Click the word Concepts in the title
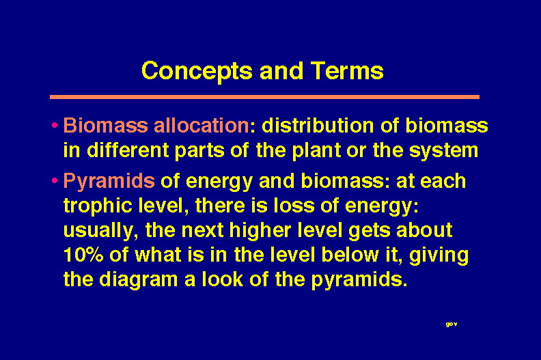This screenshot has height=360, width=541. tap(197, 72)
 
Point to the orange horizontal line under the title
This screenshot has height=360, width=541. tap(264, 97)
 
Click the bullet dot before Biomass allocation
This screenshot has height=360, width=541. tap(55, 125)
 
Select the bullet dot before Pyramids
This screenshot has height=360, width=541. tap(55, 180)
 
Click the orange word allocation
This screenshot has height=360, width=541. tap(201, 125)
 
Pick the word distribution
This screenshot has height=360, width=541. tap(318, 125)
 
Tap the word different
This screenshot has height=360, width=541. tap(128, 150)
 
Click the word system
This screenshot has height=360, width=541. tap(443, 151)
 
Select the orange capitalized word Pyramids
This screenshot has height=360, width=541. tap(109, 181)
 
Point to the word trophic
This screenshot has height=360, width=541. tap(98, 206)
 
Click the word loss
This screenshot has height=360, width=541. tap(294, 206)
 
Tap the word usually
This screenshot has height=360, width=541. tap(100, 231)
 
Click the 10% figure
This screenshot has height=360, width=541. tap(83, 255)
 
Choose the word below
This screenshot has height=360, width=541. tap(349, 255)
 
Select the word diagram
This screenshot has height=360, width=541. tap(139, 279)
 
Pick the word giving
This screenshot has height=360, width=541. tap(439, 255)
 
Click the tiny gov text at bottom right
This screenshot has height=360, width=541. tap(452, 324)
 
